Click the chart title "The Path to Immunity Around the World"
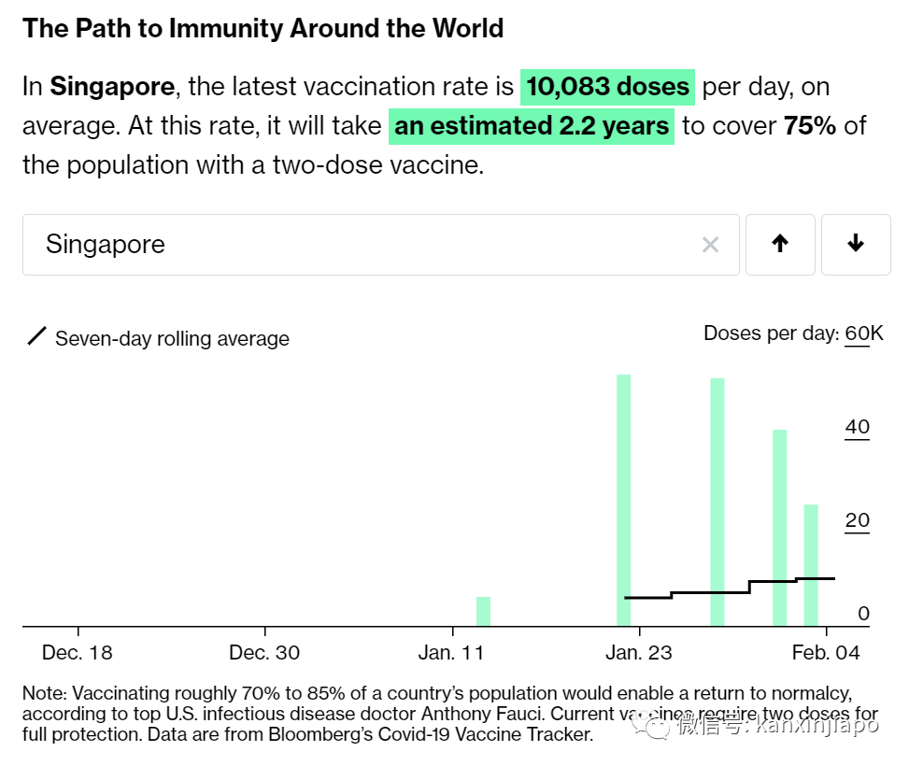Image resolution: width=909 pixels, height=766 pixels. click(x=263, y=28)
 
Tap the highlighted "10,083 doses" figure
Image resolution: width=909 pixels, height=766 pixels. click(x=607, y=87)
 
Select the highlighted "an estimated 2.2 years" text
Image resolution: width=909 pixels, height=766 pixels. click(x=531, y=125)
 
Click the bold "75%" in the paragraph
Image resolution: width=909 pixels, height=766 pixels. click(x=809, y=125)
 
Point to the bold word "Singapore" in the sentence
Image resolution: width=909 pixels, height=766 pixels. click(x=112, y=87)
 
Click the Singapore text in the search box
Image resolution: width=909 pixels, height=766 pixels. click(x=105, y=245)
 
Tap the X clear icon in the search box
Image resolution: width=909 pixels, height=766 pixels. click(x=710, y=245)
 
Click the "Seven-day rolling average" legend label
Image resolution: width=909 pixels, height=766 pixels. click(x=172, y=338)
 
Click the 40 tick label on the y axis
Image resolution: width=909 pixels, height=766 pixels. click(x=857, y=427)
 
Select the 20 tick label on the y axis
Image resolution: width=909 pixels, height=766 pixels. click(x=857, y=520)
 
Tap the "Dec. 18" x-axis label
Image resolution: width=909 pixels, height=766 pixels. click(x=78, y=652)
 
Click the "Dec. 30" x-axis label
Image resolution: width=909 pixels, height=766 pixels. click(x=265, y=652)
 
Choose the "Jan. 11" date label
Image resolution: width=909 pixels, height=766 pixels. click(x=451, y=652)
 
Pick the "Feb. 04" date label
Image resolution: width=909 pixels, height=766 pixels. click(x=825, y=652)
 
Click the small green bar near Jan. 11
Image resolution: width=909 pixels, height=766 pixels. click(x=483, y=611)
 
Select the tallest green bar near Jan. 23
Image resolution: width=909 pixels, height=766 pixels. click(x=623, y=500)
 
